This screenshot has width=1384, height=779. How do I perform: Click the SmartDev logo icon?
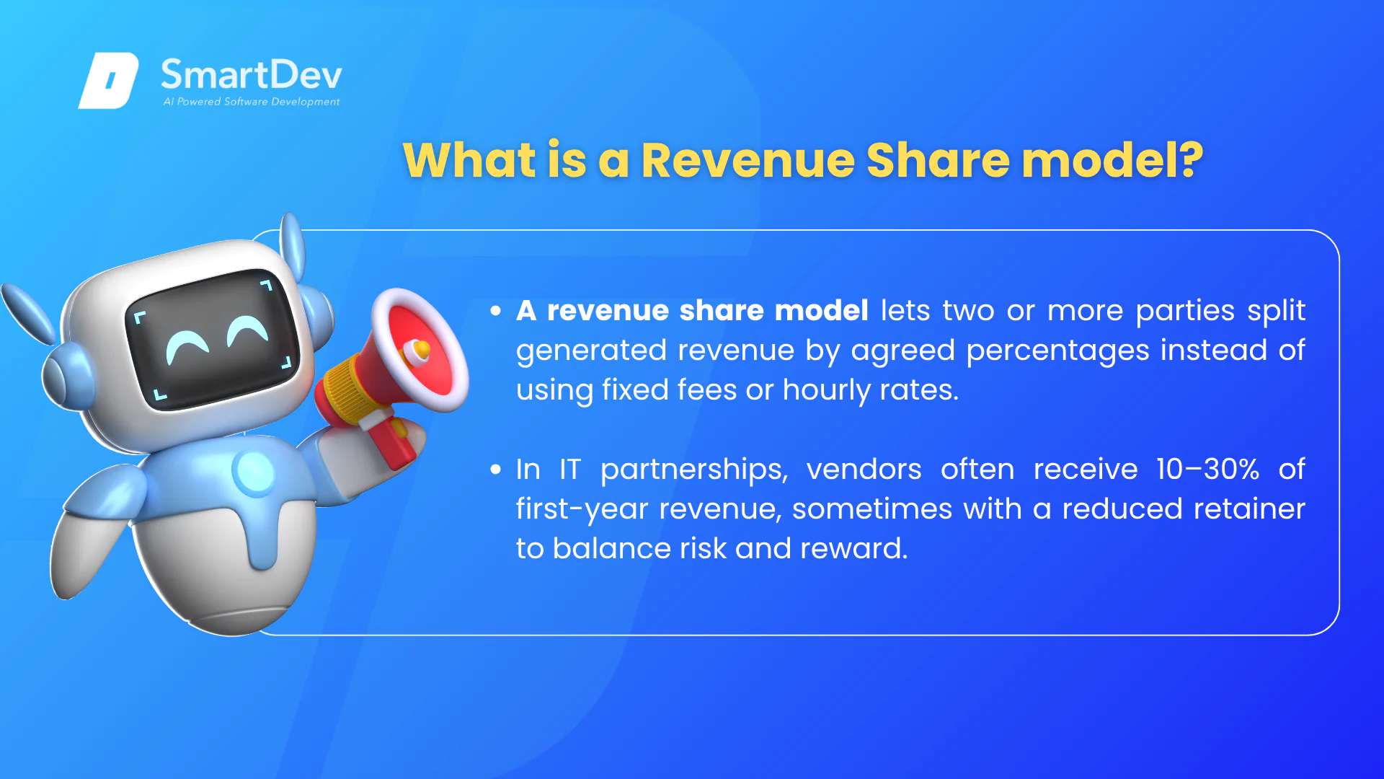[x=108, y=80]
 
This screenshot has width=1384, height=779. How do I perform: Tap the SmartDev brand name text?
[x=251, y=74]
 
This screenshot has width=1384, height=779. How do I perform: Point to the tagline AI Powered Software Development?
[x=251, y=102]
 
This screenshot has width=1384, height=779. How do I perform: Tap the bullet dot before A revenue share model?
[x=495, y=311]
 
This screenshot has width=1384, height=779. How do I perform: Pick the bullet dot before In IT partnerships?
[x=495, y=470]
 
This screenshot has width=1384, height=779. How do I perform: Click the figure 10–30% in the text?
[x=1208, y=470]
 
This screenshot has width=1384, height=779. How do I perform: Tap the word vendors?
[x=864, y=470]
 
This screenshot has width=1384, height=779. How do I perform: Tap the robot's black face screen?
[x=213, y=338]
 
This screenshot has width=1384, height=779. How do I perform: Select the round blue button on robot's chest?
[x=254, y=472]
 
